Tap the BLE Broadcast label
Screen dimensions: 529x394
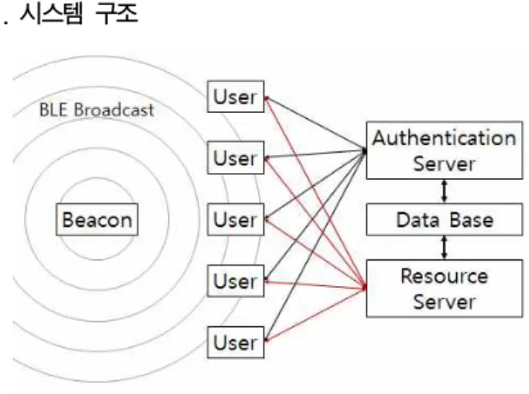97,110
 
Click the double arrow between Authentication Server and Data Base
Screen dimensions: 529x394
444,191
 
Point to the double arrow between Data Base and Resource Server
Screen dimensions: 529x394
444,248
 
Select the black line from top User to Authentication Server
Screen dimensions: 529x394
316,123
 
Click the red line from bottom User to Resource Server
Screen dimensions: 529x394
316,314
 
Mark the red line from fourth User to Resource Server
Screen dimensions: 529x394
316,284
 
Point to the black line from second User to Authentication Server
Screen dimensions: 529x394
316,154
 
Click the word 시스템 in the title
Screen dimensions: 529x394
51,14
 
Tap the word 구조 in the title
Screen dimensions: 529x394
116,14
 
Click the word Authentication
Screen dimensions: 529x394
444,138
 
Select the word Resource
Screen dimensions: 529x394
444,277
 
